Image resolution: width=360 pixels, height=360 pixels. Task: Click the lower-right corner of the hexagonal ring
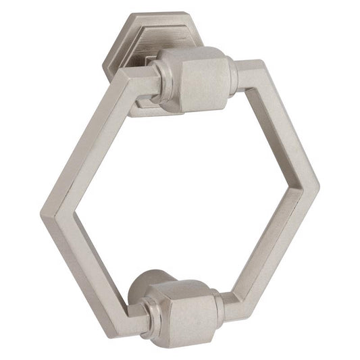pos(238,305)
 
